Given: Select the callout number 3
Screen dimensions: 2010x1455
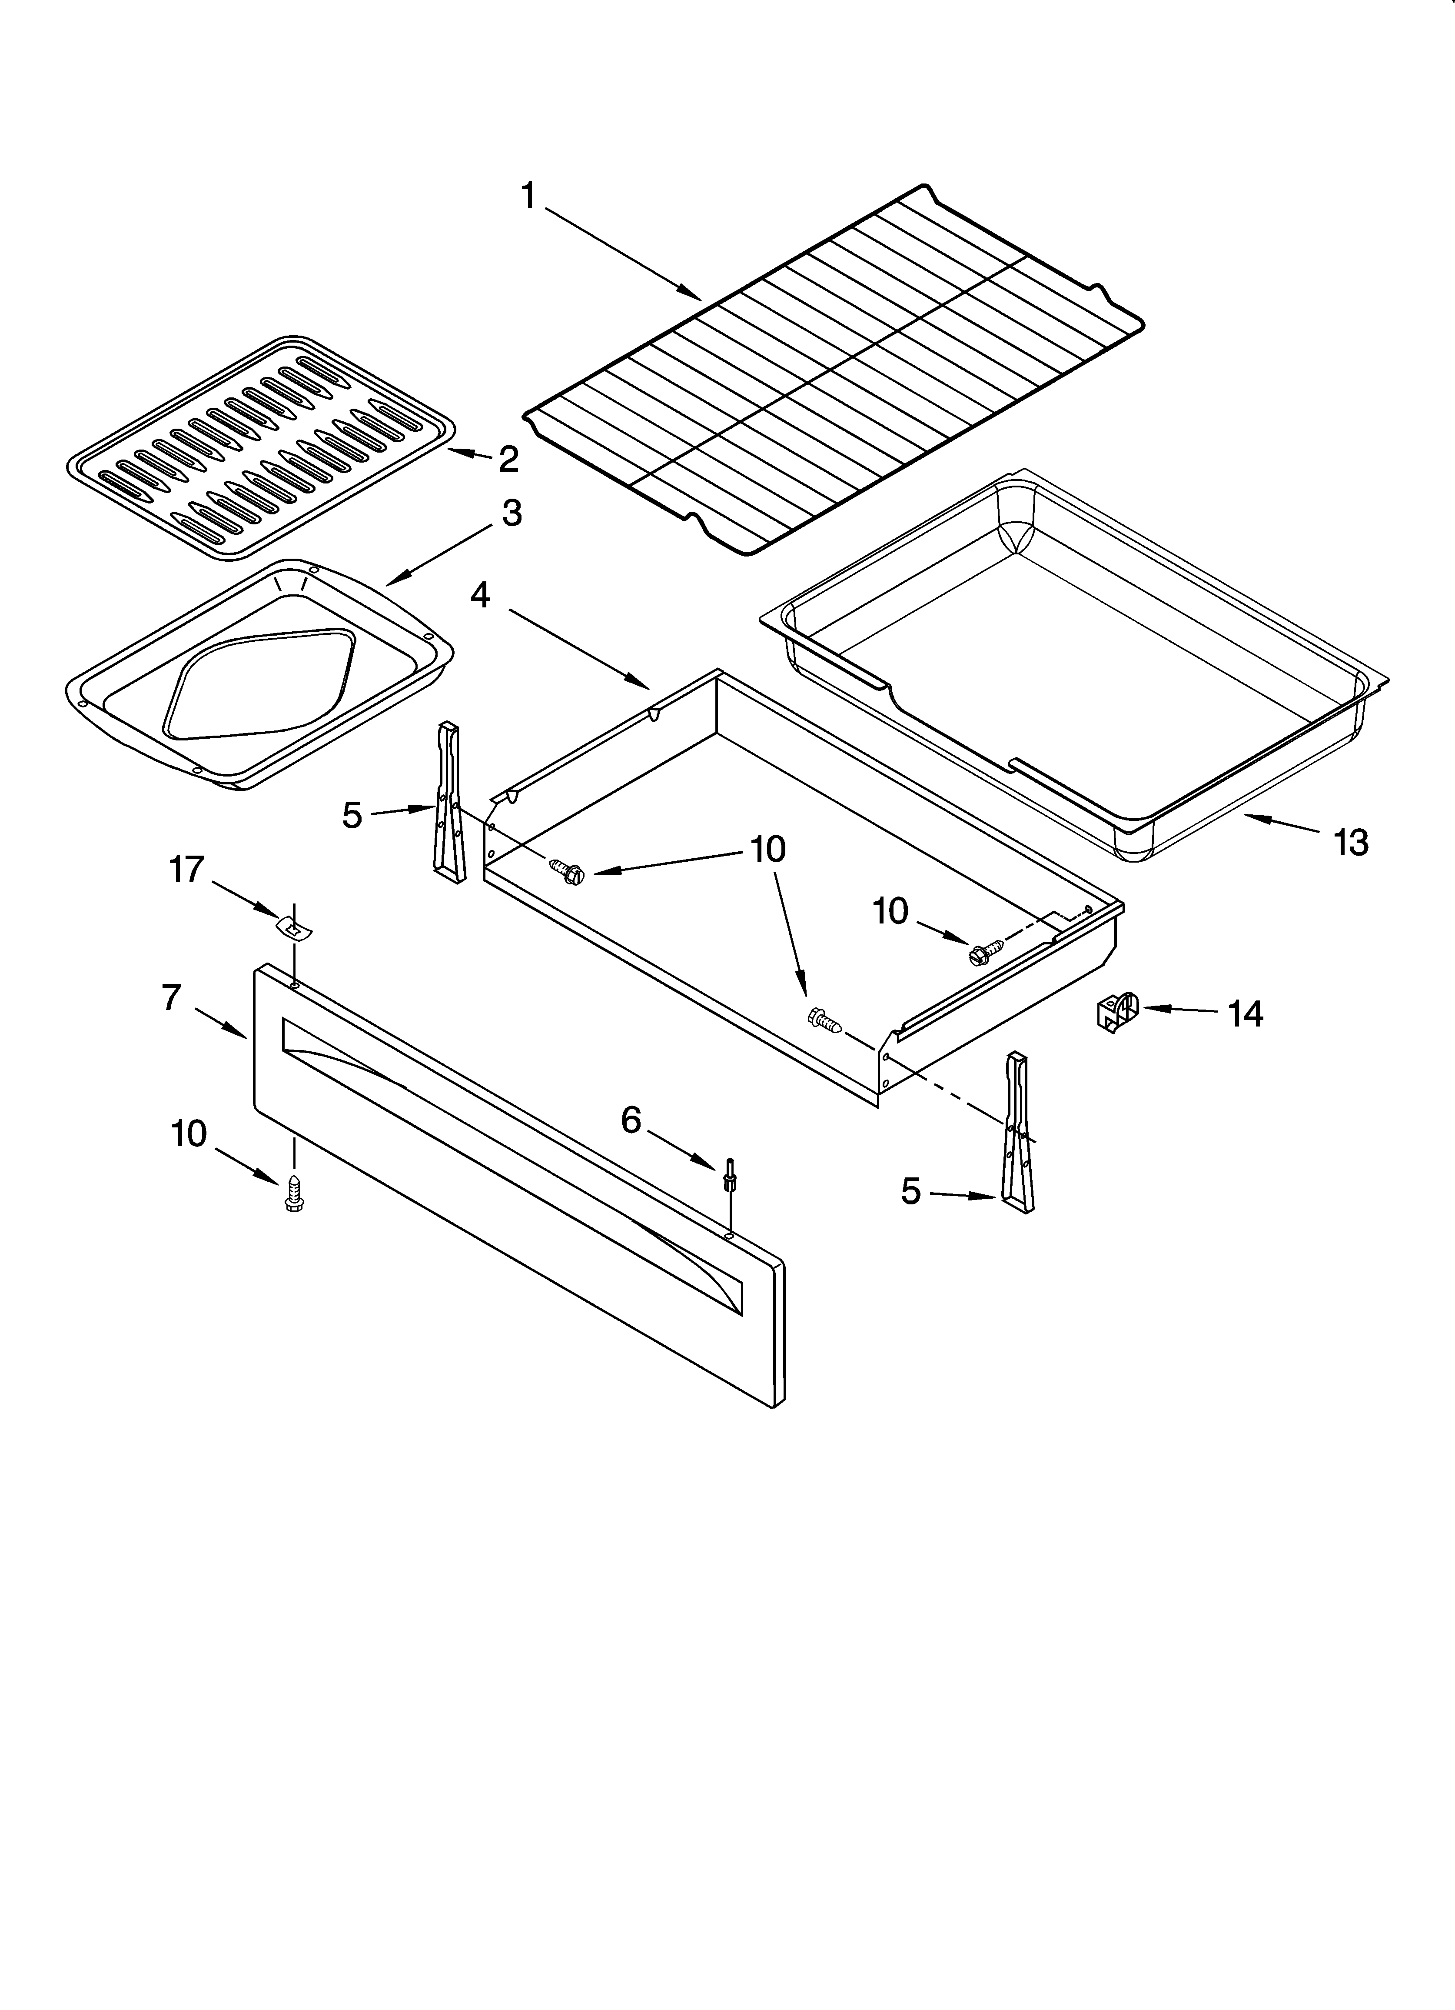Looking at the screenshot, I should [512, 514].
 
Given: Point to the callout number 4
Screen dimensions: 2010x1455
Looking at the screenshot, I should [479, 596].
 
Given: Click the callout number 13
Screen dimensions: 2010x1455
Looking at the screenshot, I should [1350, 843].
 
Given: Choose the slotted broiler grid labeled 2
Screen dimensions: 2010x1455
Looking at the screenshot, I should [261, 447].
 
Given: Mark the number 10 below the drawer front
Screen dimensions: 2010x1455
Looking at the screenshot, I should [189, 1133].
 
